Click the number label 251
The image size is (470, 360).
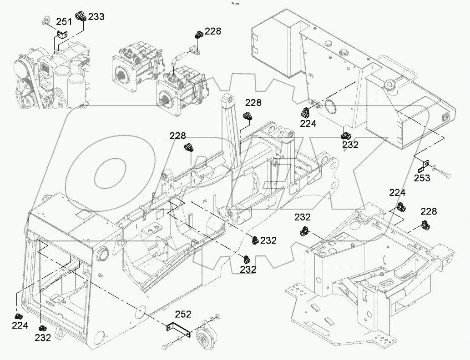point(64,21)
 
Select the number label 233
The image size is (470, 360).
point(96,17)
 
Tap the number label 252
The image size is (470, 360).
point(183,314)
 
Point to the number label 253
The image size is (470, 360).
point(422,178)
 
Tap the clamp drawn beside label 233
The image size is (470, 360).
point(81,16)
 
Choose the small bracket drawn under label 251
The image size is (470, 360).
point(62,34)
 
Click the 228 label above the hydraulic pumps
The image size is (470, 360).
point(212,31)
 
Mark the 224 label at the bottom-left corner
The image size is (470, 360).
point(20,325)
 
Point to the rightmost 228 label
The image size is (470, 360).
point(428,211)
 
